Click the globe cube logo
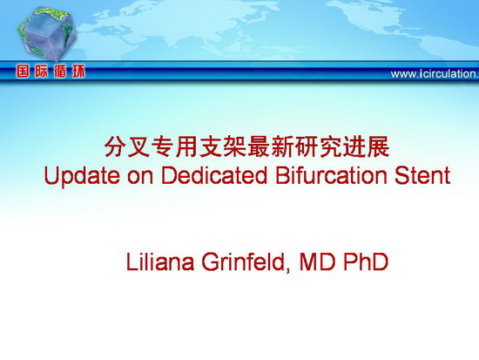point(46,34)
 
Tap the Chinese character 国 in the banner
point(23,71)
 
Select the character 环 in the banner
point(78,71)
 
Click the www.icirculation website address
point(435,74)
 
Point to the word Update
point(82,176)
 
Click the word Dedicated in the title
point(214,175)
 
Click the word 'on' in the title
point(140,178)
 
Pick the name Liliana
point(160,262)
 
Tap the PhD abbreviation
point(366,262)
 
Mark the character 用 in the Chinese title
point(187,147)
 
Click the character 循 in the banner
point(60,71)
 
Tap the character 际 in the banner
point(41,71)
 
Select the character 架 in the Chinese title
point(235,147)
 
